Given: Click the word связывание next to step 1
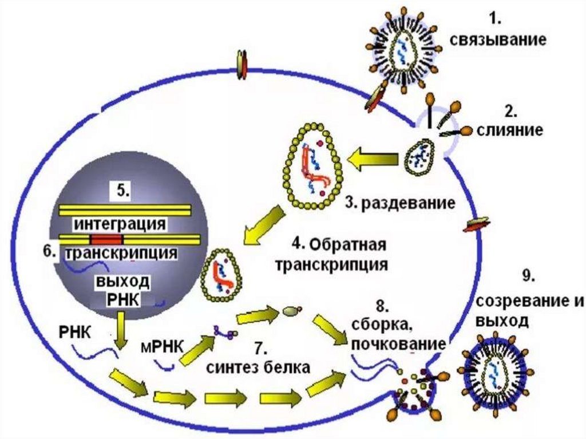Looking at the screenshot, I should [x=497, y=41].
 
